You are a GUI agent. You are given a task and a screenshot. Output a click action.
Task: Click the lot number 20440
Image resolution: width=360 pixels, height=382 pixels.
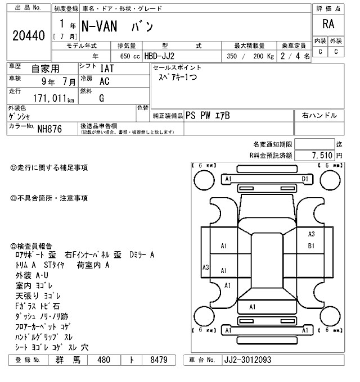pos(28,36)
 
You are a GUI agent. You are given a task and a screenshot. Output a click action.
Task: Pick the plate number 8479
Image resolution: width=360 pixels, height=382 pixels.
pos(157,360)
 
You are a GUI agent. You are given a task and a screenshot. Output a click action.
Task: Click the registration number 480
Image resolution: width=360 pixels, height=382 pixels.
pos(103,360)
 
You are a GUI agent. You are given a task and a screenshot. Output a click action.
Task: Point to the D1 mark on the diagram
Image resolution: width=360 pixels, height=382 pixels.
pos(305,179)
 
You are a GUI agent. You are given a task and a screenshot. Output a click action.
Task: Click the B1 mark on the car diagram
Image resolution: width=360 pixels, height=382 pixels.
pos(311,245)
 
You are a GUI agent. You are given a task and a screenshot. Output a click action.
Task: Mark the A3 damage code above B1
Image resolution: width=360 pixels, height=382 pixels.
pos(311,235)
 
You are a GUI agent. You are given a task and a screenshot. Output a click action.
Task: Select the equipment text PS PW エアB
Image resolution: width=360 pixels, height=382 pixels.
pos(208,115)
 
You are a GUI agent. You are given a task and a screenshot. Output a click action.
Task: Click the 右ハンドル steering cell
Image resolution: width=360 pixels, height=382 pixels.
pos(319,115)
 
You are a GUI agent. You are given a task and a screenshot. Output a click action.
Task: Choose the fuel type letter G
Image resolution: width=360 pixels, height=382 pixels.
pos(101,98)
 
